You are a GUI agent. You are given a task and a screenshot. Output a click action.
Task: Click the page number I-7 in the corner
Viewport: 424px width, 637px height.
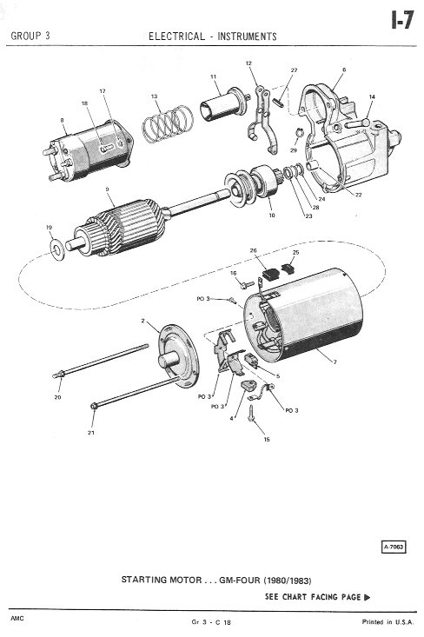402,19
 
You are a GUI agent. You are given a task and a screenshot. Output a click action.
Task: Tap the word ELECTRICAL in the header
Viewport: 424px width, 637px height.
176,36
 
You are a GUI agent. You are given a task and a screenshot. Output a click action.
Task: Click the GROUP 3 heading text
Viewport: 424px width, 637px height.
30,36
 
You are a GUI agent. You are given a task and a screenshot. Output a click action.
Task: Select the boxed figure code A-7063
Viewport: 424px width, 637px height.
394,547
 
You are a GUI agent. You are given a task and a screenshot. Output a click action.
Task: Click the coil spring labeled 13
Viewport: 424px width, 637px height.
168,123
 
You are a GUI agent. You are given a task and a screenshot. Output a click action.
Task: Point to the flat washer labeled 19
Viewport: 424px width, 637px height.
56,249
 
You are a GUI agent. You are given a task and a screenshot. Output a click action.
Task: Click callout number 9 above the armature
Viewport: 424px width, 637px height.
107,189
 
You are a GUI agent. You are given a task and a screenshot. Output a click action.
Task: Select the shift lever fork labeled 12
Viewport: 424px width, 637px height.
262,120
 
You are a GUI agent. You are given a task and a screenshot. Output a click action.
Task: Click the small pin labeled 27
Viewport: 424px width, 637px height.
278,102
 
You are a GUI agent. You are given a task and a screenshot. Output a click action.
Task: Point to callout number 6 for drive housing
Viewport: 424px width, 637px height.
344,70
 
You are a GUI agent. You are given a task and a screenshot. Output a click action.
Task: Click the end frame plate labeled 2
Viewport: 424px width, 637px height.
179,356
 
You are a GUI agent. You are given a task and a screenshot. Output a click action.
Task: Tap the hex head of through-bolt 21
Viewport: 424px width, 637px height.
94,406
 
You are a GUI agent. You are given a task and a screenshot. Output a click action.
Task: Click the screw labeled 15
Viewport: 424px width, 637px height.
251,413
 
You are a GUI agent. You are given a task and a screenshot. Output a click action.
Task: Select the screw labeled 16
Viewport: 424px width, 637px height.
247,285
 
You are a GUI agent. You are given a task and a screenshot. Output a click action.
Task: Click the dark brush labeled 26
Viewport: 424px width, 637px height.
269,275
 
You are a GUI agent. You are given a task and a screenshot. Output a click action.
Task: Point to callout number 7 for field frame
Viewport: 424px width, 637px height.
335,362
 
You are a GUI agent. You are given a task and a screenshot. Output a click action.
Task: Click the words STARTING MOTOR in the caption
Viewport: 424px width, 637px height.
162,580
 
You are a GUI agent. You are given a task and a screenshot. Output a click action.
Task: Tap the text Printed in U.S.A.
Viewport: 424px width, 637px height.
388,622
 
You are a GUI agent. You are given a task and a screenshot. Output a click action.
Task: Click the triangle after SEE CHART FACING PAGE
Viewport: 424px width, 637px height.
368,597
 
